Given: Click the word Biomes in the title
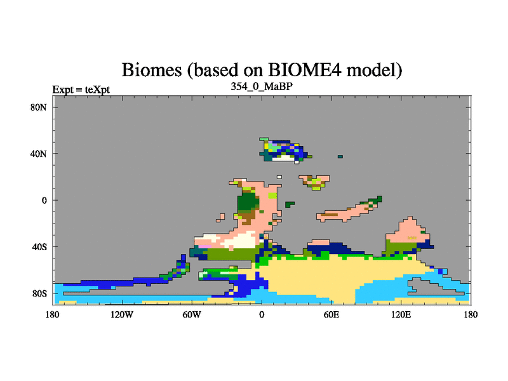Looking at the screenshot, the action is click(152, 70).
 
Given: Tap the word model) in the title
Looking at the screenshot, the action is click(374, 70).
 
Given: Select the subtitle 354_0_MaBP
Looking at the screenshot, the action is click(262, 86).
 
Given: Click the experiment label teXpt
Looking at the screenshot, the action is click(97, 90).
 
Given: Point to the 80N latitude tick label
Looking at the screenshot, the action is click(39, 107).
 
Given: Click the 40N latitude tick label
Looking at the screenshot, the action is click(39, 154).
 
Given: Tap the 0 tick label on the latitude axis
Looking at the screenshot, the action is click(44, 200).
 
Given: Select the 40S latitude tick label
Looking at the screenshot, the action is click(39, 247).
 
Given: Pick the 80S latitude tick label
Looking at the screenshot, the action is click(39, 293).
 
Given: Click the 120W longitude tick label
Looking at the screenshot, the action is click(122, 314).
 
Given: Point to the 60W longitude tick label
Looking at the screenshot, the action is click(192, 314).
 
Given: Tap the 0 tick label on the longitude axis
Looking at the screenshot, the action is click(262, 314).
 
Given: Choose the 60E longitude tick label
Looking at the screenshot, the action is click(331, 314).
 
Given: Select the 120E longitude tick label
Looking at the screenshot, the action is click(401, 314).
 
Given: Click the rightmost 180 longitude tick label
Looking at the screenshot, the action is click(471, 314).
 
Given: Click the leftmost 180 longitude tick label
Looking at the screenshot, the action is click(53, 314).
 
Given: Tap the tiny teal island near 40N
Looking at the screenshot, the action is click(340, 156).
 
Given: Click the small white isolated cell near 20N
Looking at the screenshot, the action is click(279, 177).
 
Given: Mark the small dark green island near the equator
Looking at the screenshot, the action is click(290, 204).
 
